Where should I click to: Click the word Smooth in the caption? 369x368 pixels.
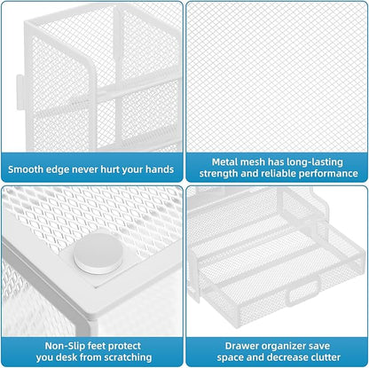coord(30,168)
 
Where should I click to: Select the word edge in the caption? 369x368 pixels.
coord(65,168)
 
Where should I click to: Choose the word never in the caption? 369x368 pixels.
coord(94,168)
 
